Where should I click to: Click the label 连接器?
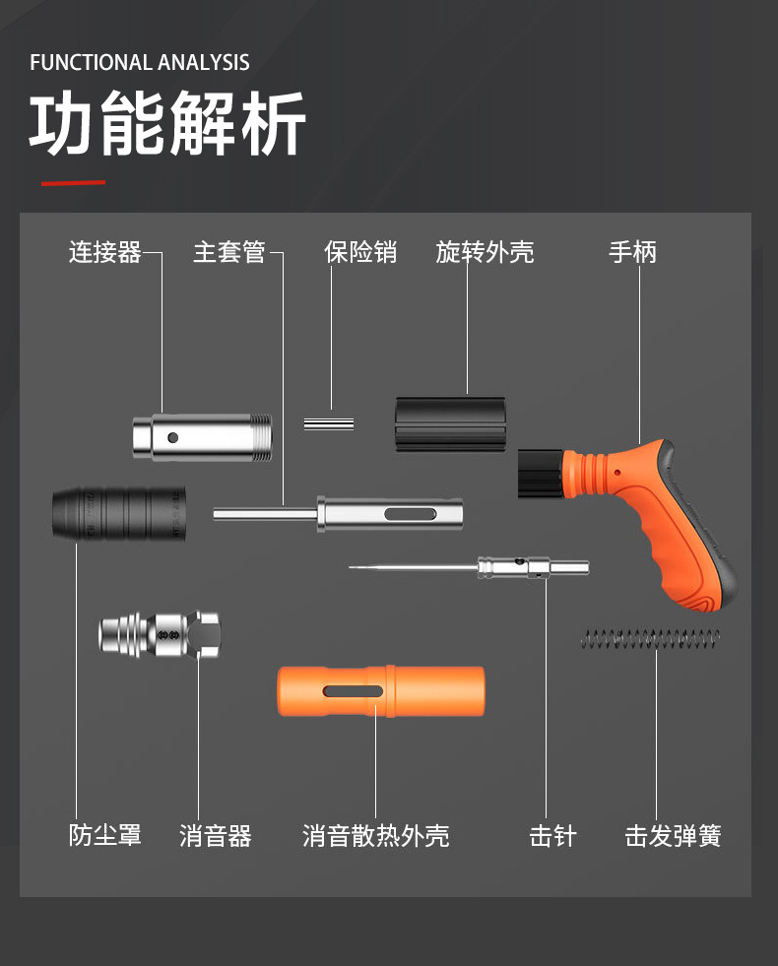[104, 253]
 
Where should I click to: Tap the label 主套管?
[228, 253]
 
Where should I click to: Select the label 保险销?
[359, 253]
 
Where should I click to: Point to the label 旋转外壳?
[485, 253]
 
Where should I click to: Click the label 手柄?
[632, 253]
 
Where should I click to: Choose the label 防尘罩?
[105, 835]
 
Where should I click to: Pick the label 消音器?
[216, 836]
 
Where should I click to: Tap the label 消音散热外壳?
[375, 836]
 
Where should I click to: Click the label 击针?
[552, 836]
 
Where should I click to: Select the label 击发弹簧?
[673, 836]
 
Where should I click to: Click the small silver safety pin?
[329, 423]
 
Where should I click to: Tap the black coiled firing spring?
[650, 638]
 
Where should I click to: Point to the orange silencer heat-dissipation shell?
[380, 691]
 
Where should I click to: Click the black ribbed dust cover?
[118, 512]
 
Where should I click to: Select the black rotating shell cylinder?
[451, 424]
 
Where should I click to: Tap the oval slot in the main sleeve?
[409, 515]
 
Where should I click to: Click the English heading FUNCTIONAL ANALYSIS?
[140, 63]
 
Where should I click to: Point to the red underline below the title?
[73, 182]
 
